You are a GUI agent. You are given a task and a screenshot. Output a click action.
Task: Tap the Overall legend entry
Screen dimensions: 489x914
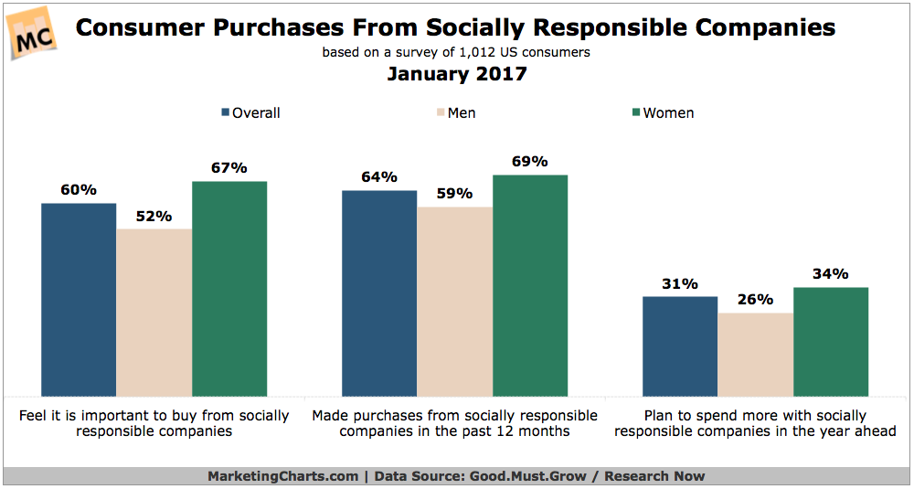click(250, 113)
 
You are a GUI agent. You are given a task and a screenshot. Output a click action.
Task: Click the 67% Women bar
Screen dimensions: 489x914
click(229, 288)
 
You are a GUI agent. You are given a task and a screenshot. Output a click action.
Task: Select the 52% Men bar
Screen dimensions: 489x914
click(154, 312)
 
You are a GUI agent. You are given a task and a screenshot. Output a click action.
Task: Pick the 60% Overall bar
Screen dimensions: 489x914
click(79, 299)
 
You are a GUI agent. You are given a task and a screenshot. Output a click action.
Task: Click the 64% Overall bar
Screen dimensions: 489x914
click(379, 292)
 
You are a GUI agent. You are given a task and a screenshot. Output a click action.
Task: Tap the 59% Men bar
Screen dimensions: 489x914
click(454, 301)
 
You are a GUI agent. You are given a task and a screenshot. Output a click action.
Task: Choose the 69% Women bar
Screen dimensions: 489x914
click(530, 284)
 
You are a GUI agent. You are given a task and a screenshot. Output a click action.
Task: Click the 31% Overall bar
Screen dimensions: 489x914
click(680, 345)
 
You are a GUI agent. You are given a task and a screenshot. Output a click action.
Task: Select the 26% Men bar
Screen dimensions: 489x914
click(755, 354)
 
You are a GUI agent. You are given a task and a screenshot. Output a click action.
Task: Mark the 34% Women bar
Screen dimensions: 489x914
click(831, 341)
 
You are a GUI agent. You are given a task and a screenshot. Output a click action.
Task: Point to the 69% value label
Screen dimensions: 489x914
click(529, 162)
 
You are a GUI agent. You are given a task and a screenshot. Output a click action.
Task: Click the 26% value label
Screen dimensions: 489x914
click(755, 300)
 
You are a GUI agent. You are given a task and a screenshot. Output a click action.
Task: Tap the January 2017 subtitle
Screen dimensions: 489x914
click(456, 74)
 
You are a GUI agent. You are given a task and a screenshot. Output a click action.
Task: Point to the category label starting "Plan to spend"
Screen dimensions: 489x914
click(755, 423)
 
